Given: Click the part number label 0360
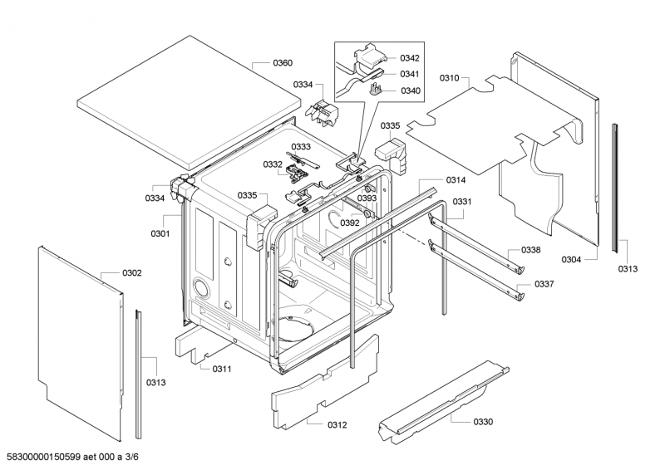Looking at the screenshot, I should (x=283, y=63).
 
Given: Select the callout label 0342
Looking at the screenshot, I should (x=410, y=58).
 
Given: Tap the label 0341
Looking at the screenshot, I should (x=410, y=75).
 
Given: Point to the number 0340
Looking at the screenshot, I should (x=410, y=91).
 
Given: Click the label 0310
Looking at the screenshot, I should (x=450, y=77).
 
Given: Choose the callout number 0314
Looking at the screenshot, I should (x=456, y=180).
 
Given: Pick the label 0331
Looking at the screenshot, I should (x=462, y=202).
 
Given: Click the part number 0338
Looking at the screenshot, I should (x=532, y=250).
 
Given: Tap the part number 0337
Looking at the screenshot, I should (x=544, y=284).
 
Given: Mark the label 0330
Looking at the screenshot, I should (x=483, y=422).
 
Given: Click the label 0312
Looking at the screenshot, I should (x=337, y=425).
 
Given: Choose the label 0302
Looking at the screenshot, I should (x=132, y=273).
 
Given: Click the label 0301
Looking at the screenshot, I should (x=160, y=233).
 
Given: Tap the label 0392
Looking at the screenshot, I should (x=350, y=223).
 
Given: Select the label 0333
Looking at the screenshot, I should (x=301, y=147).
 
